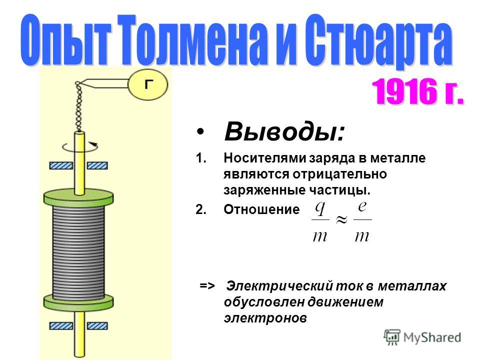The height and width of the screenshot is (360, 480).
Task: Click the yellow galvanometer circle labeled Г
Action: (148, 85)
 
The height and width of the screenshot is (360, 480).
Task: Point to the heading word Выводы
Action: (284, 131)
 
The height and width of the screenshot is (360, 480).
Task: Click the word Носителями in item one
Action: (265, 158)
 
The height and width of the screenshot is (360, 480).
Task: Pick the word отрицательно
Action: (339, 174)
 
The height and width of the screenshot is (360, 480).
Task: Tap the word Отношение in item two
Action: (261, 209)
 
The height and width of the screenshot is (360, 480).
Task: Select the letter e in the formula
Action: (362, 206)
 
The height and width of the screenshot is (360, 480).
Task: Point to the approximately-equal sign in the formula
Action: (341, 219)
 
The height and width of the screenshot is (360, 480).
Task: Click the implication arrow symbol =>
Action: (207, 285)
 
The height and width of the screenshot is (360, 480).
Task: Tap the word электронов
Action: (265, 318)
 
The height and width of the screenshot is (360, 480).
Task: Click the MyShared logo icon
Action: (392, 337)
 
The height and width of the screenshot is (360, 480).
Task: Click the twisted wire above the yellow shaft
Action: (79, 106)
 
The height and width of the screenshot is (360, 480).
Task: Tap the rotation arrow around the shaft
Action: (80, 147)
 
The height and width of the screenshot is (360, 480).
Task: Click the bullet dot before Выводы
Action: (200, 131)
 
